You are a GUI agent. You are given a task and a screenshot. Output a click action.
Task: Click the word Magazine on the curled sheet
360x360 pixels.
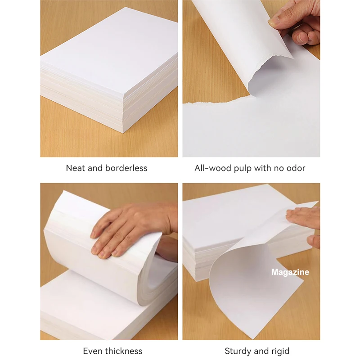click(290, 272)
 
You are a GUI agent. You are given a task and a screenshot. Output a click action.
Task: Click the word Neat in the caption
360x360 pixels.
click(76, 168)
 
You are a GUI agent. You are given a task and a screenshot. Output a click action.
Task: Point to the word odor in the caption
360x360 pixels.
click(295, 168)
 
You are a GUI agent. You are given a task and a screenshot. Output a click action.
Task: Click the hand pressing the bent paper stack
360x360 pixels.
click(130, 227)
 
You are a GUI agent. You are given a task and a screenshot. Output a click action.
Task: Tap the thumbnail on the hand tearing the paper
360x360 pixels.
click(274, 21)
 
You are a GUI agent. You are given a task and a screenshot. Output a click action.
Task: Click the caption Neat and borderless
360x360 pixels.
click(107, 168)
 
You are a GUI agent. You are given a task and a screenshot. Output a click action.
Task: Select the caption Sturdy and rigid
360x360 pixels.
click(257, 351)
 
